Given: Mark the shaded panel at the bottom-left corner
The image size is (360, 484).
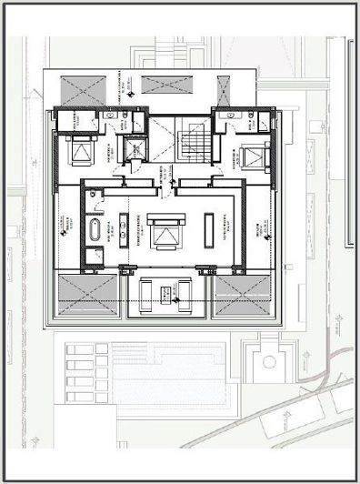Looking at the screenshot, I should click(x=87, y=294).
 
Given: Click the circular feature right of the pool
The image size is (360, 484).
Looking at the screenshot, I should click(x=269, y=360).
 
